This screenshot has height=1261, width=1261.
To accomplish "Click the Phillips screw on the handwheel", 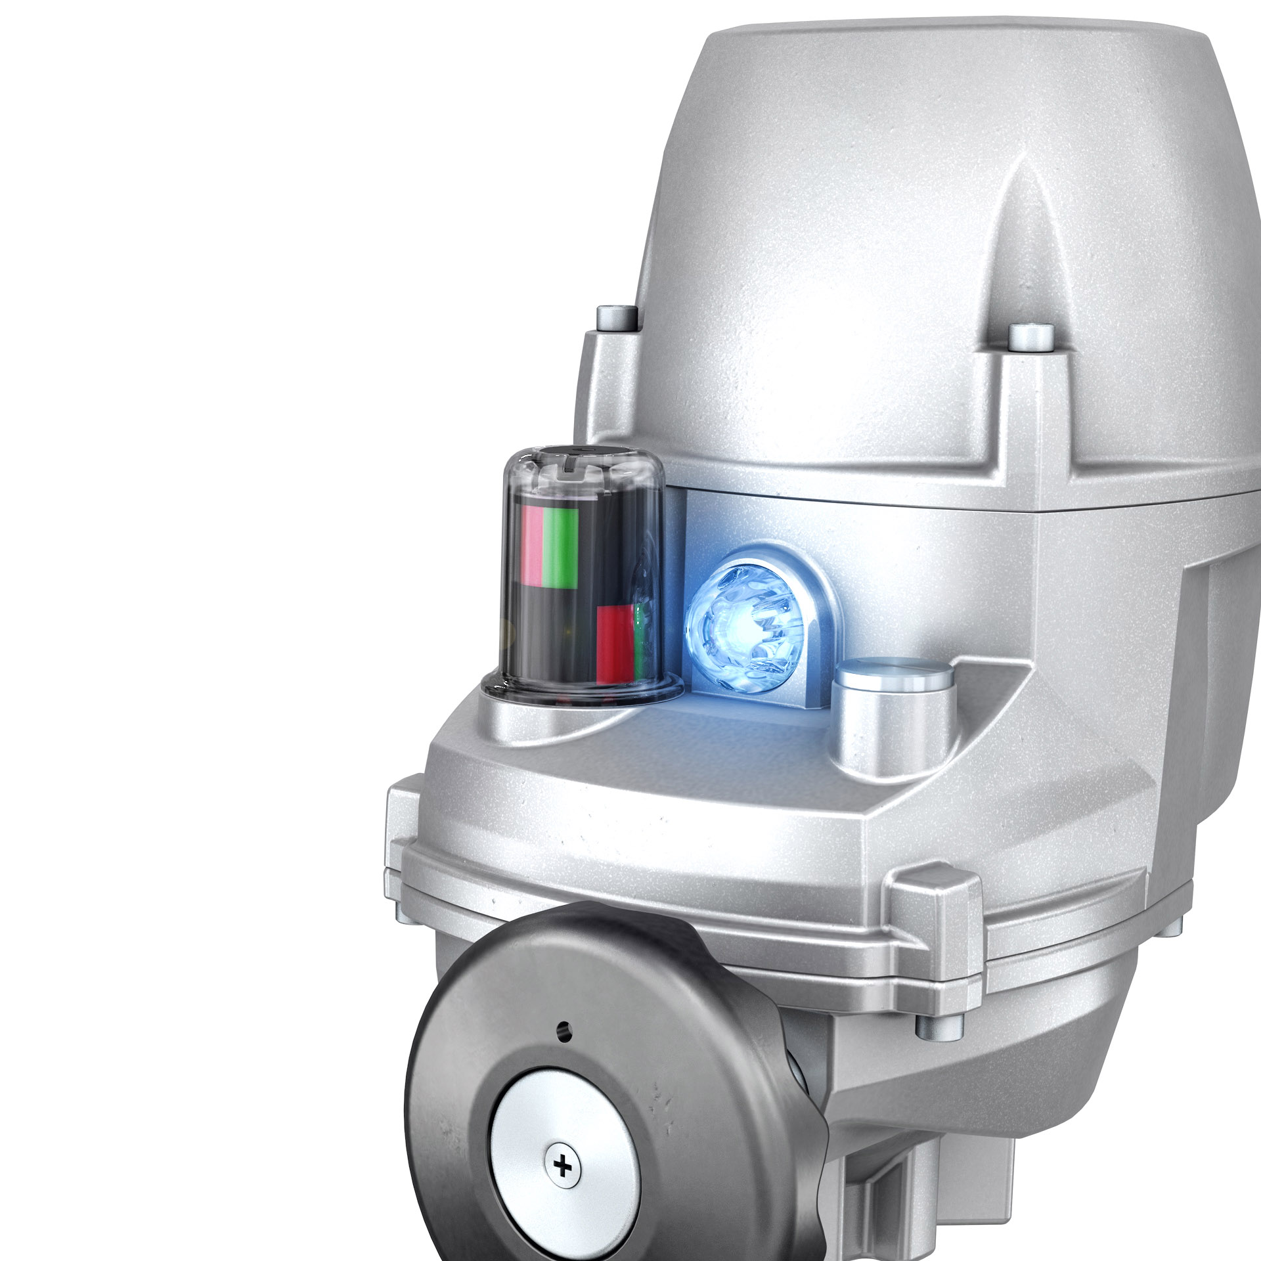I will pos(563,1166).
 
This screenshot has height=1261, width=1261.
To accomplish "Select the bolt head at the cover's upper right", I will pos(1030,336).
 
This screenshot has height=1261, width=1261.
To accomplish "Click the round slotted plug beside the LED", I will pos(893,676).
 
